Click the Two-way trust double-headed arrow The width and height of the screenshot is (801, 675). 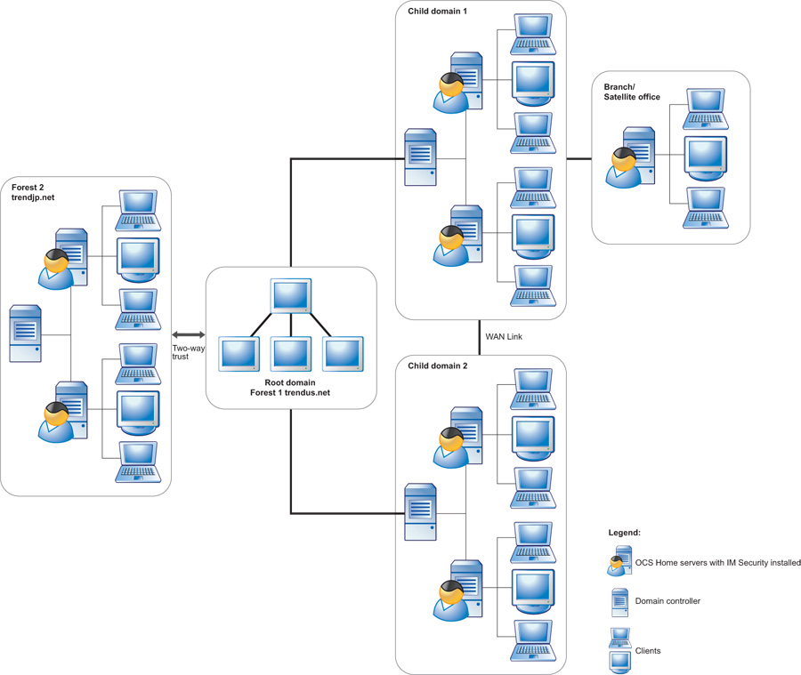pos(188,333)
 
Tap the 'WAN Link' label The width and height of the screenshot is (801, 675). pos(504,337)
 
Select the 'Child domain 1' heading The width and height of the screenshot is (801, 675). pos(437,12)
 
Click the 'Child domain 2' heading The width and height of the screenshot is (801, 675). pos(437,366)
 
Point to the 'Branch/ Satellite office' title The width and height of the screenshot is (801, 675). pos(632,92)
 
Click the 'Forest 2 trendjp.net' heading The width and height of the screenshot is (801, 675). pos(33,192)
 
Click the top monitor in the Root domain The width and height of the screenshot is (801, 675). pos(291,296)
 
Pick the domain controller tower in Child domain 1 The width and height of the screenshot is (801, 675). pos(420,157)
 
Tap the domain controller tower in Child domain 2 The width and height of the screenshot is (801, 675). pos(420,512)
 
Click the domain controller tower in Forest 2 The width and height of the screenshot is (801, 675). pos(26,333)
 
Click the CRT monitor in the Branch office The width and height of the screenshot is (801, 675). pos(705,157)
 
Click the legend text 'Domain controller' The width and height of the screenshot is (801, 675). pos(667,601)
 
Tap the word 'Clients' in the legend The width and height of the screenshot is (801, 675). pos(648,651)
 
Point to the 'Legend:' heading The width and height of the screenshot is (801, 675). pos(624,532)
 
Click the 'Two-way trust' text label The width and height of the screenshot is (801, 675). pos(188,352)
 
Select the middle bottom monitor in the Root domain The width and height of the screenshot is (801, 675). pos(291,354)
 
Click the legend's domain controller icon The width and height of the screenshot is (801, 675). pos(619,602)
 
